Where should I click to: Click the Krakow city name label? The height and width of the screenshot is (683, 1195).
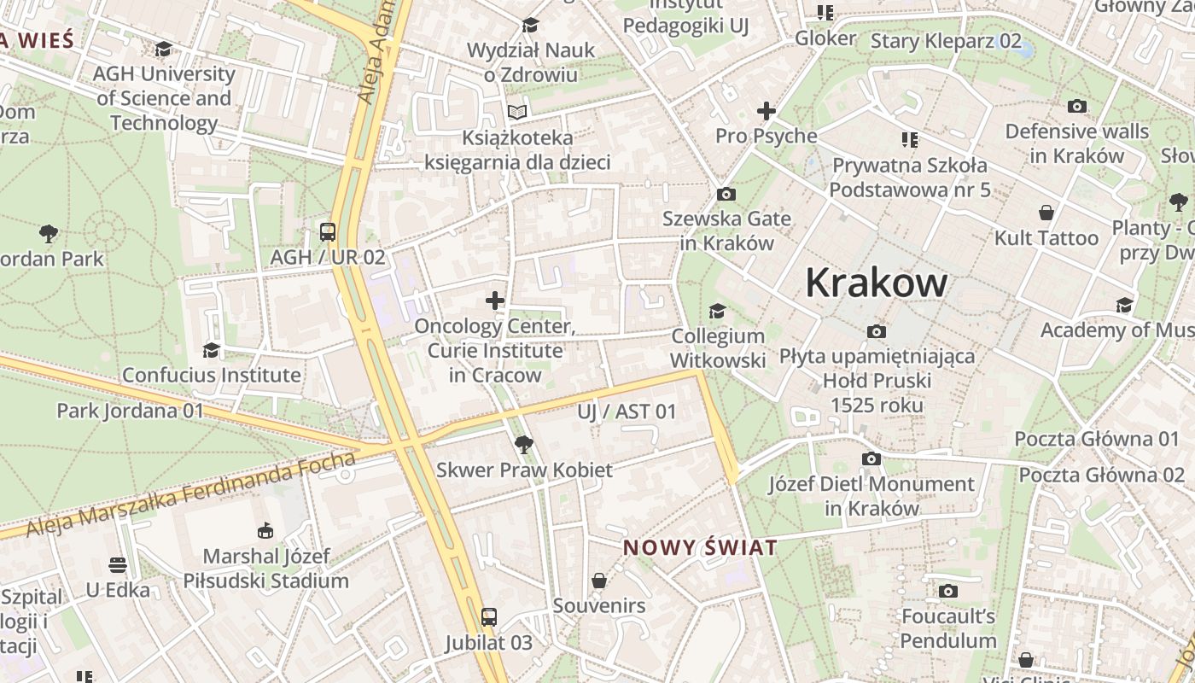pyautogui.click(x=876, y=283)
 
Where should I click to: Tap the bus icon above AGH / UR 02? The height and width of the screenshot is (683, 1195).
pyautogui.click(x=328, y=231)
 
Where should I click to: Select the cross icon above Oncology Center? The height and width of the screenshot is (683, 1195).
pyautogui.click(x=495, y=301)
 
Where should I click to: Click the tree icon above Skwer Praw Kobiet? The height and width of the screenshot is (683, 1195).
pyautogui.click(x=524, y=444)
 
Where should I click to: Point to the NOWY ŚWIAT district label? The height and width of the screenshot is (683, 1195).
pyautogui.click(x=700, y=547)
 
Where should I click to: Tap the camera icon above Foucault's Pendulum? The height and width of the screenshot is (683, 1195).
pyautogui.click(x=947, y=591)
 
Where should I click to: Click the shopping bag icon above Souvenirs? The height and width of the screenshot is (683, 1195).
pyautogui.click(x=599, y=581)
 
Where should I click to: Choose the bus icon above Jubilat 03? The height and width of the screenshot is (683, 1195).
pyautogui.click(x=488, y=617)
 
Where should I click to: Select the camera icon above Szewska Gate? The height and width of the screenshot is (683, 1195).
pyautogui.click(x=726, y=194)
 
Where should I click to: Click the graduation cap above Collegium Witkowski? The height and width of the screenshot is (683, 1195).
pyautogui.click(x=717, y=312)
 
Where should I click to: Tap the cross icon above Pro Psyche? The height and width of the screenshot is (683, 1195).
pyautogui.click(x=766, y=111)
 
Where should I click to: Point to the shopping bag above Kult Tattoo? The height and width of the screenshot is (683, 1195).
pyautogui.click(x=1046, y=213)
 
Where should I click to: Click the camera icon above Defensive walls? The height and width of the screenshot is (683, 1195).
pyautogui.click(x=1077, y=107)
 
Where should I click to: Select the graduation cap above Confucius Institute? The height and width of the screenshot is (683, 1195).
pyautogui.click(x=211, y=350)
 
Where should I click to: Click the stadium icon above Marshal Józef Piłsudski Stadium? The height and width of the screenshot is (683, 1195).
pyautogui.click(x=265, y=531)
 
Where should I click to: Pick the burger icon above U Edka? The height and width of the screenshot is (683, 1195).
pyautogui.click(x=118, y=565)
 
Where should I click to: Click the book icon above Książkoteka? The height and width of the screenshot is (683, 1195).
pyautogui.click(x=517, y=112)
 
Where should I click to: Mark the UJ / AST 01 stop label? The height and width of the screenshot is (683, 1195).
pyautogui.click(x=627, y=412)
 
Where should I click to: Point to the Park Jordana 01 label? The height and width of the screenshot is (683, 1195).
pyautogui.click(x=131, y=411)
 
